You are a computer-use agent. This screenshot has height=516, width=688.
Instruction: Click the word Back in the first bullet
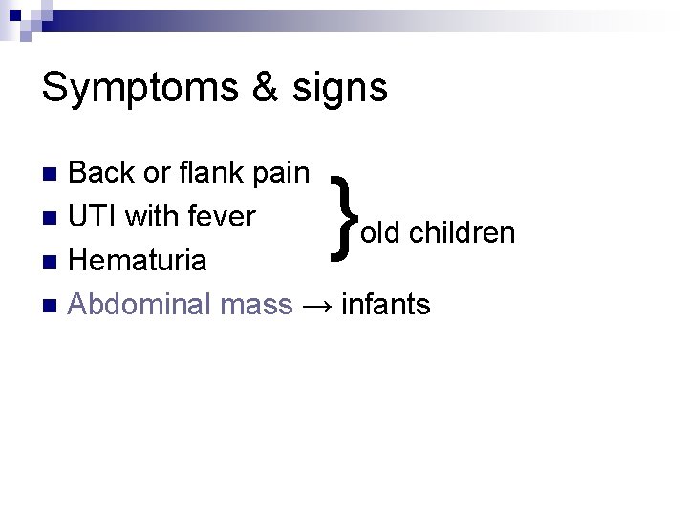click(103, 173)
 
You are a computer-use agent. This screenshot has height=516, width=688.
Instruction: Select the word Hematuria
click(139, 261)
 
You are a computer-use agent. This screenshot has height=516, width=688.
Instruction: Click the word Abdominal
click(140, 305)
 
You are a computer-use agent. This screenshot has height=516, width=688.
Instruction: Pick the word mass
click(255, 305)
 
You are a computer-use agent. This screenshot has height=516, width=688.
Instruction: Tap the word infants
click(385, 305)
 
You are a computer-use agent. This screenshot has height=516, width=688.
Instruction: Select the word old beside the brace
click(380, 233)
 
